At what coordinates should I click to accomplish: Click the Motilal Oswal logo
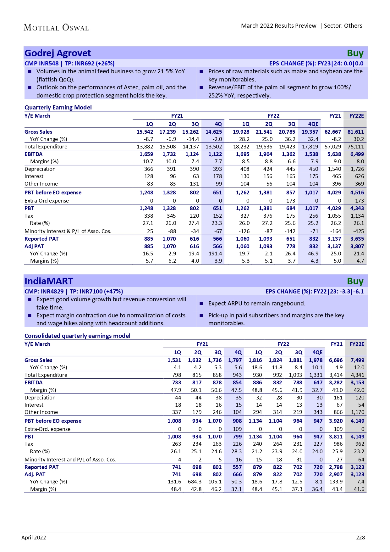tap(56, 28)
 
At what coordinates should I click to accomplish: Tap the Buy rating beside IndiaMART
tap(355, 281)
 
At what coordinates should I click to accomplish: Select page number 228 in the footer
tap(360, 538)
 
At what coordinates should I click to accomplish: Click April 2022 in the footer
tap(34, 538)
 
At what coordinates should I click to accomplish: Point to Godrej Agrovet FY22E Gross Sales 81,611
tap(356, 132)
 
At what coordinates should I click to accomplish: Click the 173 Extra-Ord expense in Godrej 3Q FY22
tap(291, 201)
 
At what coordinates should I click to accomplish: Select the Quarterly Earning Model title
tap(58, 108)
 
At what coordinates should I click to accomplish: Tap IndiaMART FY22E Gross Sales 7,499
tap(358, 360)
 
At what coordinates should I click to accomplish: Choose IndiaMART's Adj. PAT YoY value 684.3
tap(195, 482)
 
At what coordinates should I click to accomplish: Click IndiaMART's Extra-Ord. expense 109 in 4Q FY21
tap(237, 429)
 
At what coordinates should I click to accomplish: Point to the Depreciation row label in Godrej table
tap(40, 169)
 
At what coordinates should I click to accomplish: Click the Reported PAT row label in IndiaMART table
tap(41, 467)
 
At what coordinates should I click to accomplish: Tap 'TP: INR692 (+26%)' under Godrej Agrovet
tap(90, 64)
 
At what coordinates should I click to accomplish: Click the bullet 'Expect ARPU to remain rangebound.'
tap(257, 304)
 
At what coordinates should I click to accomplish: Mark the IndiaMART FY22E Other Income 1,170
tap(358, 412)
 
